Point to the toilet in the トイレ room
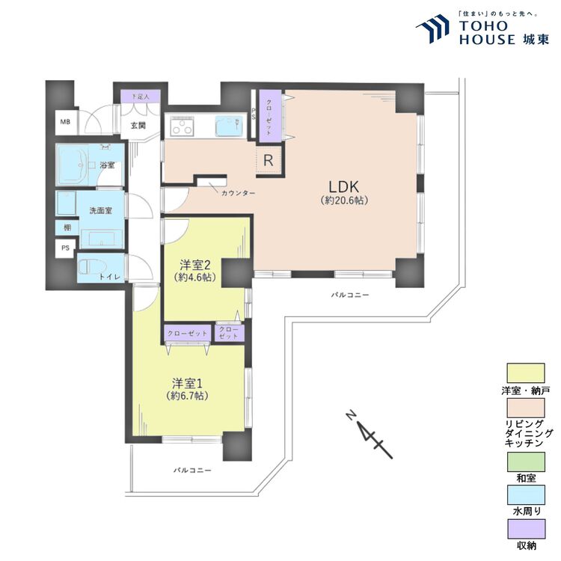[92, 267]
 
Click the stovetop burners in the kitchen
[181, 128]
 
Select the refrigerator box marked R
[268, 160]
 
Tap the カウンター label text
[238, 193]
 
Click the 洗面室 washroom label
[101, 211]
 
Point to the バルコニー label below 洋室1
[193, 470]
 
